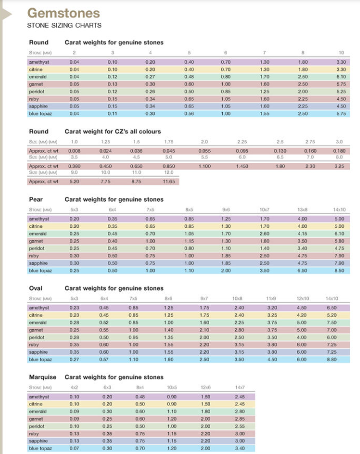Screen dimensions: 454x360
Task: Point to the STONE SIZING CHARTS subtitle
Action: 64,26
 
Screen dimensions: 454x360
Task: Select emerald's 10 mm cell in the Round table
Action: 341,77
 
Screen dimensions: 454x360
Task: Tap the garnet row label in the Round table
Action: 36,84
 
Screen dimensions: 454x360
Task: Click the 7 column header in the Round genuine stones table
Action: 263,53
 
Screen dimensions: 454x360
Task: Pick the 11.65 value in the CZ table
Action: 171,181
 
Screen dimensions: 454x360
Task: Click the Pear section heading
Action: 35,199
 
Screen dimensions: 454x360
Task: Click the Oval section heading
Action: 36,288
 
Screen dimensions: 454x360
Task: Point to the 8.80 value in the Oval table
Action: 340,359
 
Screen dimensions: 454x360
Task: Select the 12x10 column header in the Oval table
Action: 303,299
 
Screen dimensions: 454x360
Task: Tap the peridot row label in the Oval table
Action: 38,337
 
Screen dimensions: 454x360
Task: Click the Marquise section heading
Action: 43,377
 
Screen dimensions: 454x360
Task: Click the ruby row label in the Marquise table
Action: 34,433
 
